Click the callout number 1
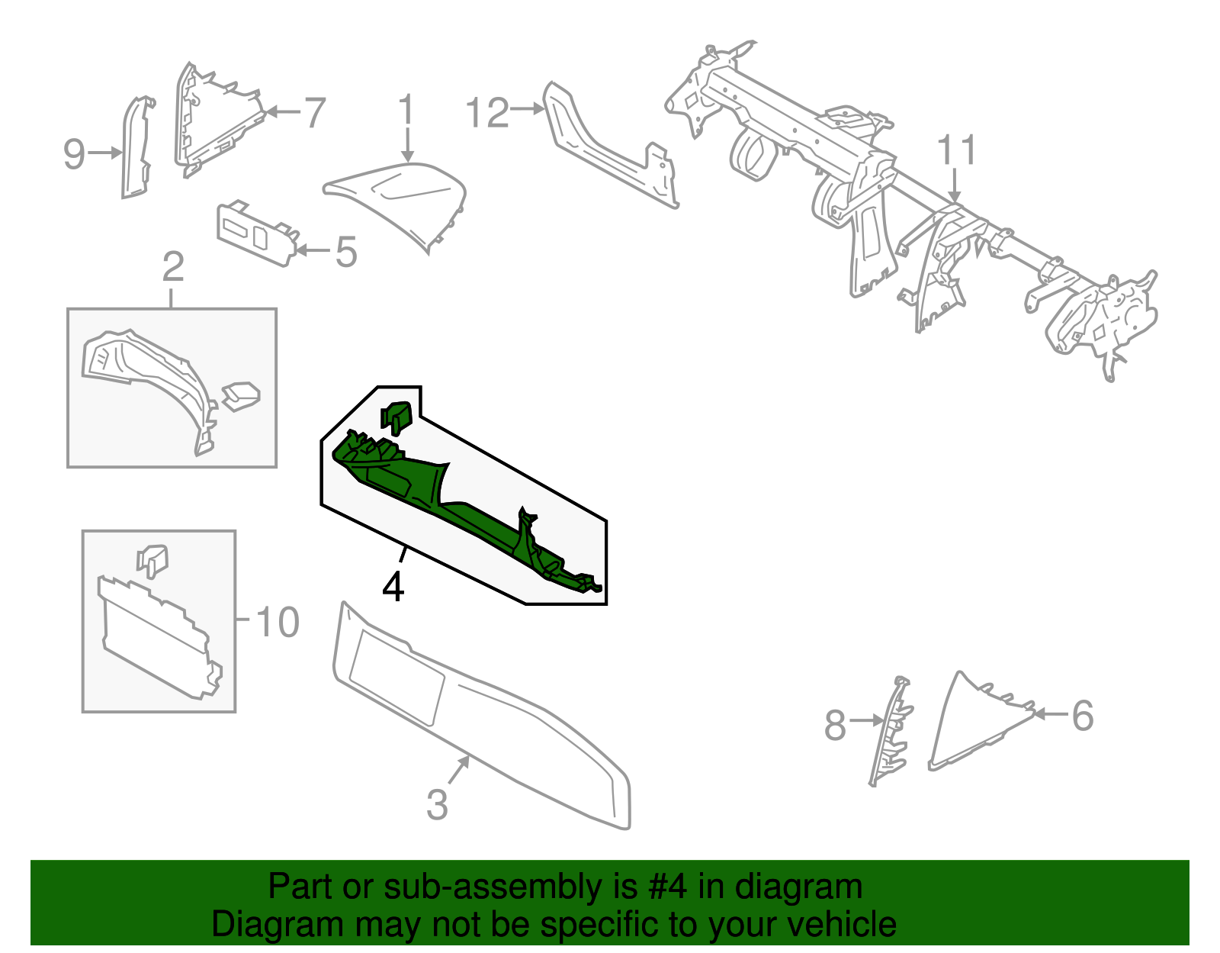click(406, 110)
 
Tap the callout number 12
click(487, 112)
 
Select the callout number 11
click(957, 150)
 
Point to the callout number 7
click(314, 112)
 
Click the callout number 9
click(73, 153)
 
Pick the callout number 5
click(346, 252)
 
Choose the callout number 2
click(173, 267)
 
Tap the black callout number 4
click(393, 586)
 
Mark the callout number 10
click(278, 622)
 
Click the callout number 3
click(438, 804)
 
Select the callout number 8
click(835, 724)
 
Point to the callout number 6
click(1083, 716)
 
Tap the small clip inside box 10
click(152, 561)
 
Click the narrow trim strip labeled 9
click(136, 147)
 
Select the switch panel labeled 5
click(257, 233)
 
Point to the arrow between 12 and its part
click(527, 108)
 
